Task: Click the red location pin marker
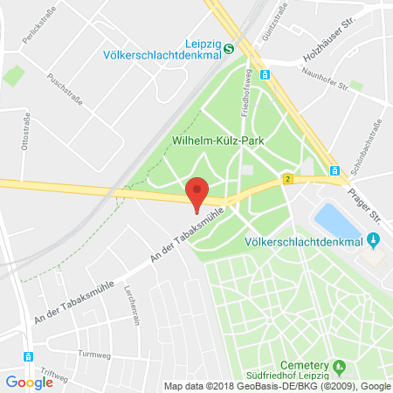[198, 193]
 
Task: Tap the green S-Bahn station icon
[228, 50]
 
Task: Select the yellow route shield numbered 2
[286, 178]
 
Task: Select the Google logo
[30, 382]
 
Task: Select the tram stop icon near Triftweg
[29, 356]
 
